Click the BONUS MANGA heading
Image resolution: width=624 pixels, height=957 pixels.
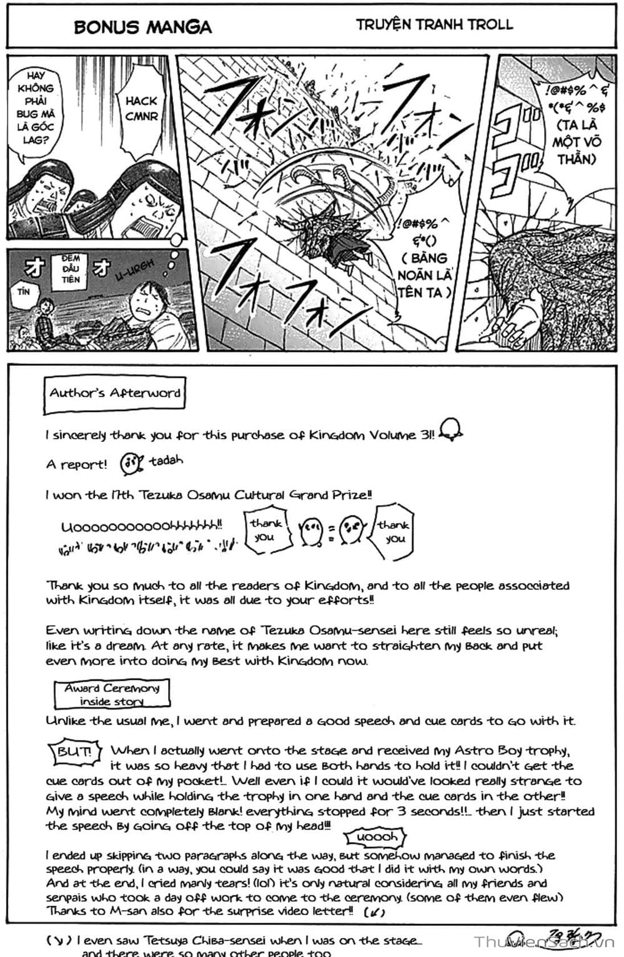coord(142,27)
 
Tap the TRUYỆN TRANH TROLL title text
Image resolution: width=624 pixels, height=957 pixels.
coord(434,25)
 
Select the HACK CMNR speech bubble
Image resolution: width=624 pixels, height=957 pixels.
coord(141,109)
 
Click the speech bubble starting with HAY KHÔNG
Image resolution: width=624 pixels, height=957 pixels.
coord(36,108)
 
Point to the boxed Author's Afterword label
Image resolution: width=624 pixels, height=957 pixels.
coord(114,394)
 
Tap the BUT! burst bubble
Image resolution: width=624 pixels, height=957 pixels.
coord(74,751)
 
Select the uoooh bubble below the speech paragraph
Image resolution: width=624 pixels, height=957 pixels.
coord(376,837)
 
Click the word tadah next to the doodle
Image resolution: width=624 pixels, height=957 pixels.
coord(166,461)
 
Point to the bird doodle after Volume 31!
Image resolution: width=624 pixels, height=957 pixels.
coord(450,430)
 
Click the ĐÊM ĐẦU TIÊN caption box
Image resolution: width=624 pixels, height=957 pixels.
coord(71,269)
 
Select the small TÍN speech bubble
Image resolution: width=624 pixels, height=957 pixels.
coord(24,292)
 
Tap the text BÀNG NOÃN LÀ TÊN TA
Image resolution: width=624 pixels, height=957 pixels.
coord(425,275)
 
